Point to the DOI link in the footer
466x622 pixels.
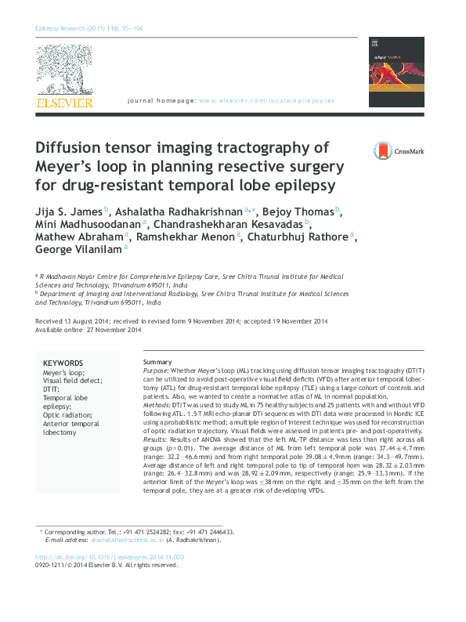(110, 557)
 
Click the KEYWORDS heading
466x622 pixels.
(63, 363)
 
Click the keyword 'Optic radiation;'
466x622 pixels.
(66, 415)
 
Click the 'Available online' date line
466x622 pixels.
(89, 330)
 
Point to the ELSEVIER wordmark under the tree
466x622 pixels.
(65, 103)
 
